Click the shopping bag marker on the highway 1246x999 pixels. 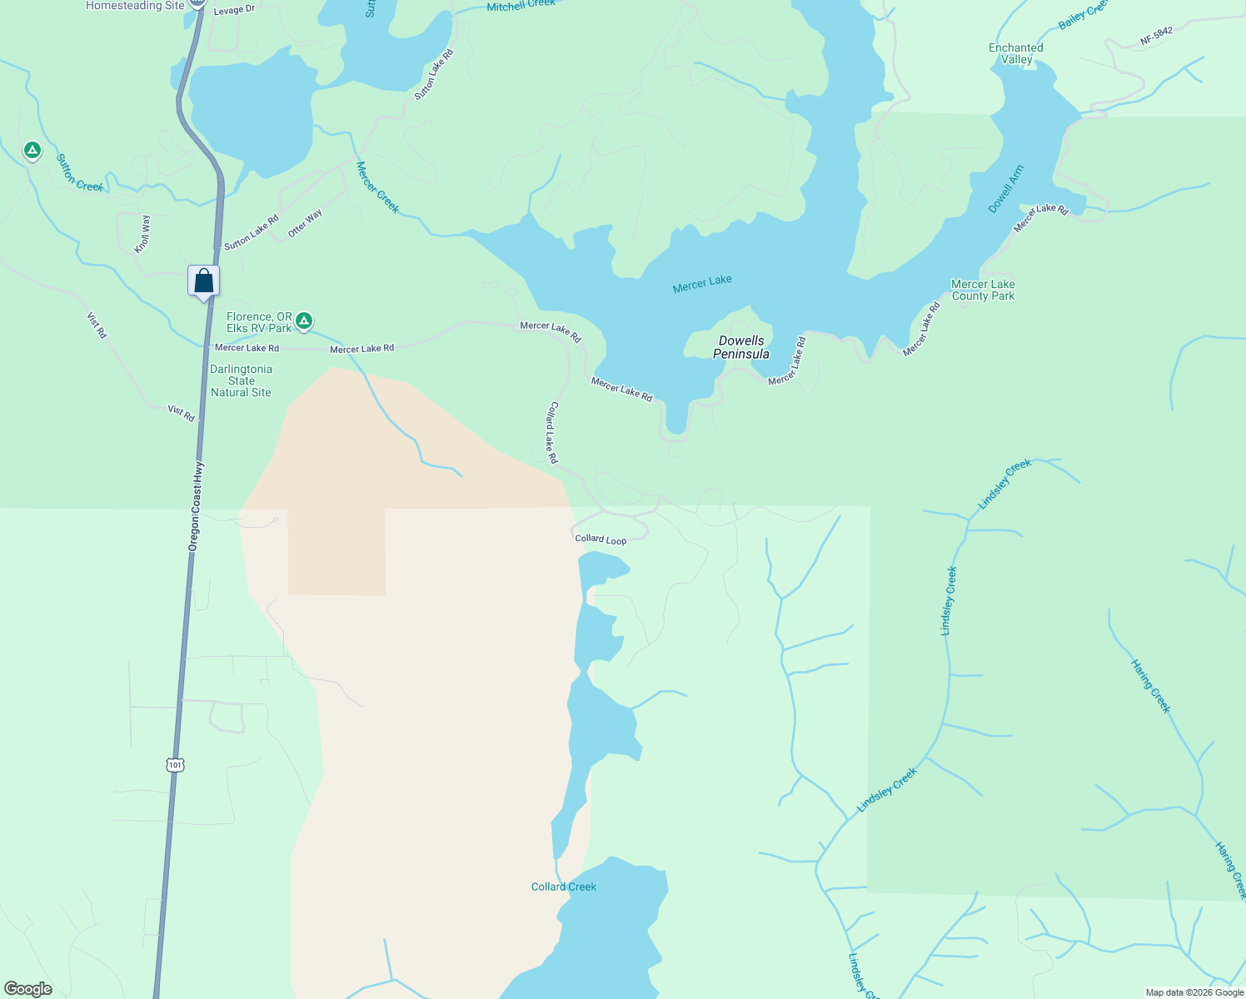[x=204, y=281]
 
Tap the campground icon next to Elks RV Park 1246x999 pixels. [x=305, y=321]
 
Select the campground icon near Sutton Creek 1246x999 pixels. [x=32, y=151]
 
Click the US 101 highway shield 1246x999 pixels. [x=174, y=764]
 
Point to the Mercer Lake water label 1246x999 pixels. [x=702, y=284]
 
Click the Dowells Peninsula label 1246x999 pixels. [x=741, y=347]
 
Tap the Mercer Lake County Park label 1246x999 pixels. [x=983, y=290]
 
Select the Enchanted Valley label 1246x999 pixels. [x=1016, y=53]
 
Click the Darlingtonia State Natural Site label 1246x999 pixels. [x=241, y=380]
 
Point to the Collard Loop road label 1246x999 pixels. [x=601, y=539]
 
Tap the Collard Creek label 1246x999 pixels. [x=564, y=887]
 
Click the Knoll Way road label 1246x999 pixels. [x=143, y=234]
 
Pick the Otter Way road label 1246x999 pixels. [x=305, y=224]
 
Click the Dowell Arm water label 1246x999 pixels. [x=1006, y=190]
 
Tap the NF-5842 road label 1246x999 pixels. [x=1157, y=36]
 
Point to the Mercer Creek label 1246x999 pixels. [x=377, y=187]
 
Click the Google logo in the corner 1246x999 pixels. [x=28, y=989]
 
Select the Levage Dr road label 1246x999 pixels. [x=234, y=10]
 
